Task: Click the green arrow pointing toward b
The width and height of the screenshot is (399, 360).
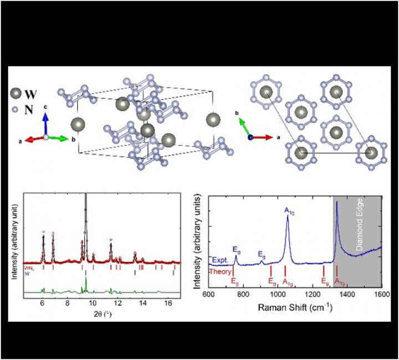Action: click(57, 137)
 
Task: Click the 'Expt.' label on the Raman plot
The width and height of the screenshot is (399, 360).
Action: click(218, 259)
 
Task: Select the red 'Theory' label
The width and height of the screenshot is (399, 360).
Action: click(219, 271)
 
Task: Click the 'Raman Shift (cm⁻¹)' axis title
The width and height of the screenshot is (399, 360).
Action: click(294, 305)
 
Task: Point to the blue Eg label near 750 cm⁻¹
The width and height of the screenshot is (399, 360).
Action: click(236, 250)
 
